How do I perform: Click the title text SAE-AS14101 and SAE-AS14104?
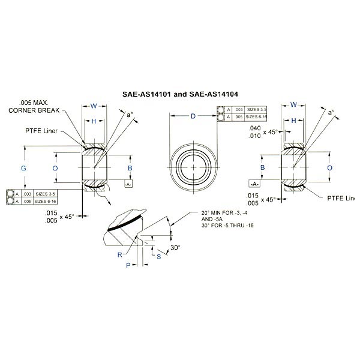pos(179,94)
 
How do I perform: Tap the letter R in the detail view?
pos(121,254)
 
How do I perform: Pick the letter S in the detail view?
pos(158,256)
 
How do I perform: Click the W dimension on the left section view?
pos(94,106)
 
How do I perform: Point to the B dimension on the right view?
pos(262,169)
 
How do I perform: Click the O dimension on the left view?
pos(55,169)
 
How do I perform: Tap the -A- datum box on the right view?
pos(254,184)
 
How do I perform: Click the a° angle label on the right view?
pos(330,112)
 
